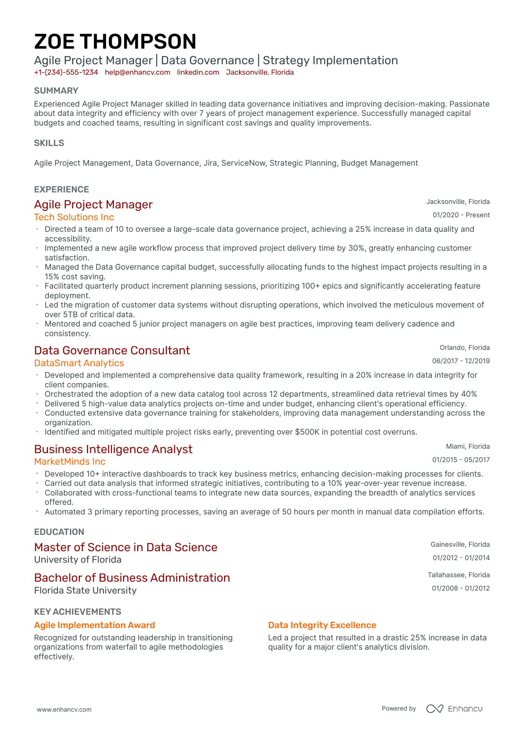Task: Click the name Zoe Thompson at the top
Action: coord(115,41)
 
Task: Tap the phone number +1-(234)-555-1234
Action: coord(66,72)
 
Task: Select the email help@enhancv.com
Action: coord(138,72)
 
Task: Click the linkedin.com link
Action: coord(198,72)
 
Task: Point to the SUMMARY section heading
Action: coord(56,91)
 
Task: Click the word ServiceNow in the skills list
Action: coord(243,163)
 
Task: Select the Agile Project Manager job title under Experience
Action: coord(93,204)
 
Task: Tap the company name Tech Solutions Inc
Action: coord(74,217)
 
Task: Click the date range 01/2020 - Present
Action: coord(461,215)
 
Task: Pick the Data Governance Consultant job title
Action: coord(112,350)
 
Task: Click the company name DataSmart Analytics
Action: coord(79,363)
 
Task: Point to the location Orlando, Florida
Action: coord(465,348)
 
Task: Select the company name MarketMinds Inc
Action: coord(70,462)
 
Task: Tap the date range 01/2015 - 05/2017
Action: coord(461,460)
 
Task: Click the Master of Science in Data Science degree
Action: coord(126,547)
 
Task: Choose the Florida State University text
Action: coord(85,590)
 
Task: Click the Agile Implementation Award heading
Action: coord(94,625)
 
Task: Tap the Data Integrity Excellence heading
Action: coord(322,625)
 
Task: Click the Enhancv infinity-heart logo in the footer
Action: coord(434,709)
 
